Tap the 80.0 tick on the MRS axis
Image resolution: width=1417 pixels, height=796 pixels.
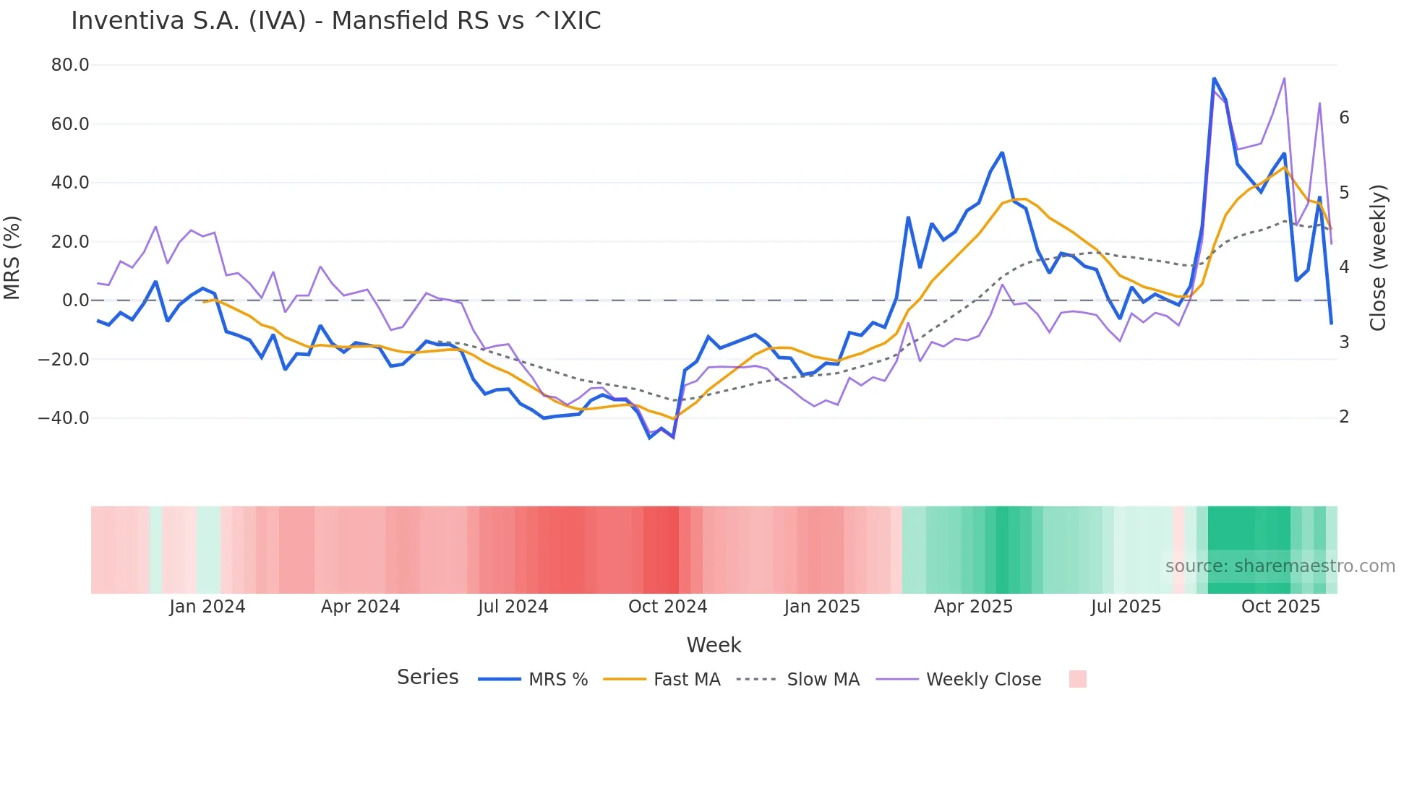[x=70, y=65]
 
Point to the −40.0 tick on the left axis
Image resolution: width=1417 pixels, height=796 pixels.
[x=64, y=418]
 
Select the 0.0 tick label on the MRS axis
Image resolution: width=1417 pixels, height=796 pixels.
[x=75, y=300]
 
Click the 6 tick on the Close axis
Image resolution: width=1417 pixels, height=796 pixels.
[x=1344, y=118]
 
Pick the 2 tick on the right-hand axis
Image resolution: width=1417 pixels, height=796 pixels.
[x=1344, y=417]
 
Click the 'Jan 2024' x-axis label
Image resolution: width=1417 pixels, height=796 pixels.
[x=207, y=607]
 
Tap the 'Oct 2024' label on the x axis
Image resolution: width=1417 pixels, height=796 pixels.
[x=667, y=607]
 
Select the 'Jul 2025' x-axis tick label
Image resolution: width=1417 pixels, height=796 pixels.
[x=1126, y=607]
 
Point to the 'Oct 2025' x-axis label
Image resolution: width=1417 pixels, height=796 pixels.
[x=1280, y=607]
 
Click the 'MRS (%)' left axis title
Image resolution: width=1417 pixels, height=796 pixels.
[x=12, y=257]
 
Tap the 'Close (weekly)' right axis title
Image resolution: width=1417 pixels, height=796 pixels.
[x=1378, y=258]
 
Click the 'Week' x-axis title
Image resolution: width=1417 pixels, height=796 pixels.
[x=714, y=645]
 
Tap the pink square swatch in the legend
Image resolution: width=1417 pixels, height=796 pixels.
[x=1077, y=679]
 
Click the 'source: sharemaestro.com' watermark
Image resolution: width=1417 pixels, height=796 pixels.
[x=1280, y=566]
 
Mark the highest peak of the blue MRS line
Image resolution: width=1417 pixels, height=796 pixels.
[x=1214, y=78]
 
